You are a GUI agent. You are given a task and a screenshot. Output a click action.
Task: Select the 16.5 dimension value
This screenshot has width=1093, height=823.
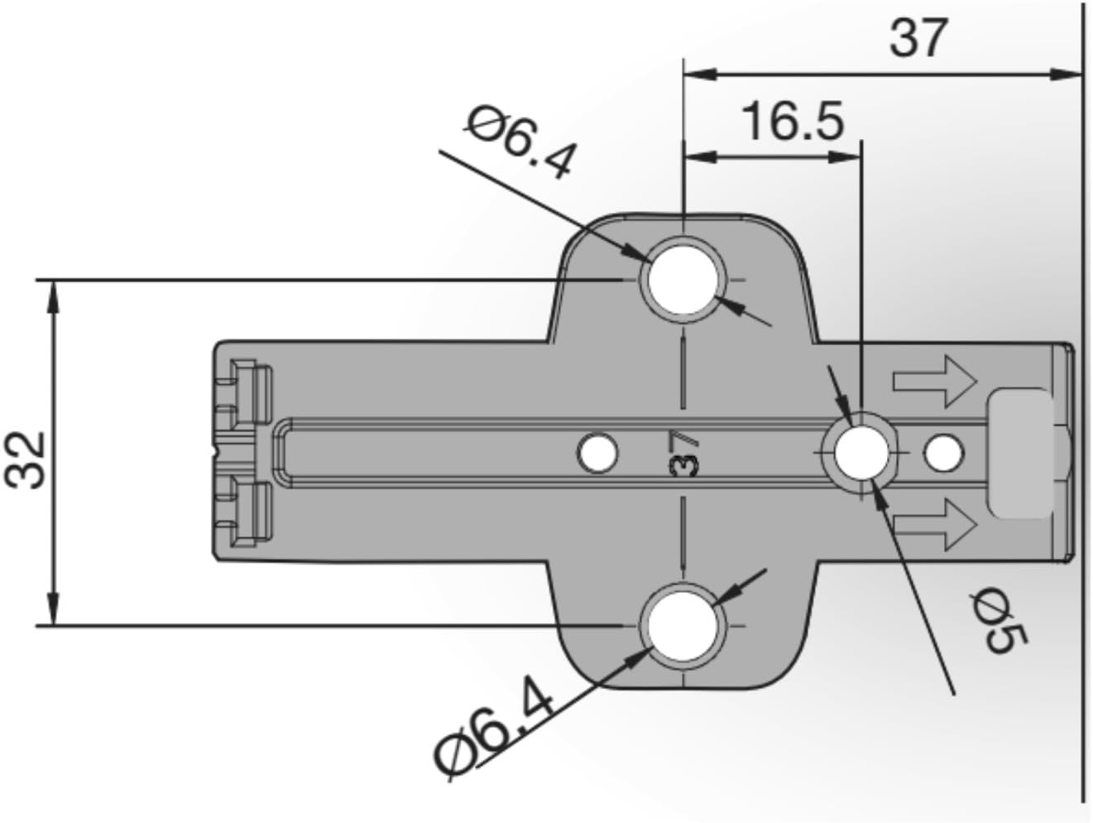pyautogui.click(x=793, y=121)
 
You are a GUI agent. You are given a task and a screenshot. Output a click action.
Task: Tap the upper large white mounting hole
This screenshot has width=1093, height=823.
pyautogui.click(x=684, y=281)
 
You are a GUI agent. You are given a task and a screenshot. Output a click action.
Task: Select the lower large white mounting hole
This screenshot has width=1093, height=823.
pyautogui.click(x=683, y=626)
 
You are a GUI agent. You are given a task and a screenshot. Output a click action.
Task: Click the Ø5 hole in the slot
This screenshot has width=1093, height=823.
pyautogui.click(x=862, y=453)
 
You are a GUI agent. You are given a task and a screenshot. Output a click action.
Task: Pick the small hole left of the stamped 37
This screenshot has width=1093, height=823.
pyautogui.click(x=597, y=453)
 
